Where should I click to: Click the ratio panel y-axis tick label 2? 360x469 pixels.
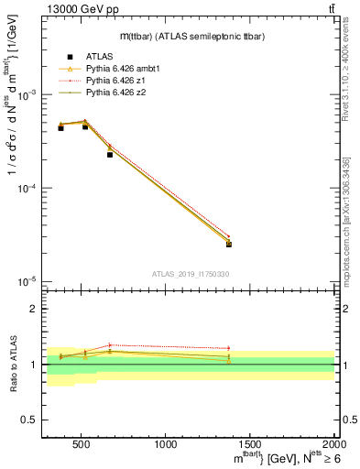click(x=33, y=310)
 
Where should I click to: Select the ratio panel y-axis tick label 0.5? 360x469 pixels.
click(x=29, y=420)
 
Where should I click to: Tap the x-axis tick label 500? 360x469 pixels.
click(x=80, y=444)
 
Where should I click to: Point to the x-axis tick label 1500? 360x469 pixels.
click(x=250, y=444)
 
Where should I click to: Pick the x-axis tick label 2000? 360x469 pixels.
click(x=333, y=444)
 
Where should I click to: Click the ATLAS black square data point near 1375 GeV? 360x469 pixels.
click(x=229, y=244)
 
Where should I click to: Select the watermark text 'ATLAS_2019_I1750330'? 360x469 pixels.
click(x=191, y=274)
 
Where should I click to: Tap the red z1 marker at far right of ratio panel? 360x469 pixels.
click(x=229, y=348)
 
